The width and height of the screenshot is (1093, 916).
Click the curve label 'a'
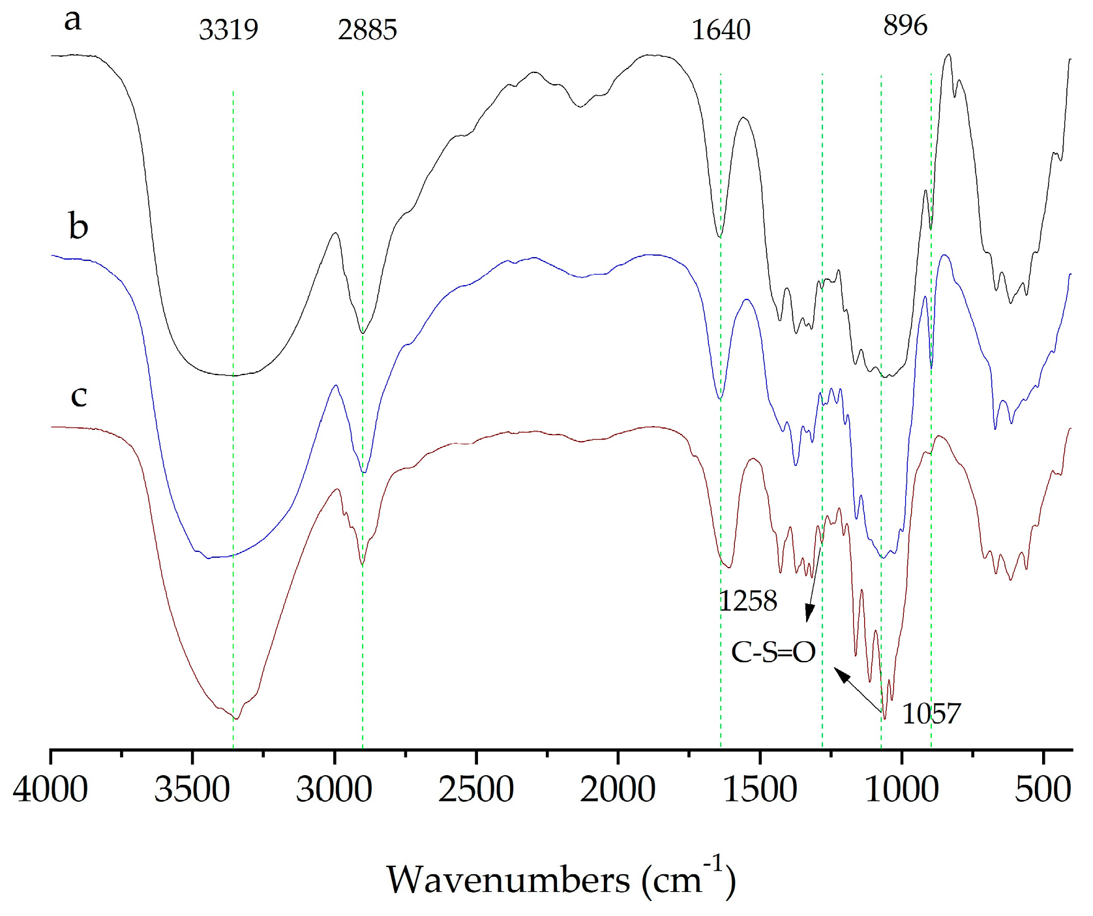pos(72,20)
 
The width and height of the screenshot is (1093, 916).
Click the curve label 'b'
pos(78,226)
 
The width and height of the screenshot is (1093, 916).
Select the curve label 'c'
pos(78,396)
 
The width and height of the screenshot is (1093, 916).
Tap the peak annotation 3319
pos(228,30)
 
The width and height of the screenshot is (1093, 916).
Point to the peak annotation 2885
pos(367,30)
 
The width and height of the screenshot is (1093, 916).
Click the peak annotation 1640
pos(721,30)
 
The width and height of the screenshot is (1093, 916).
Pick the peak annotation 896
pos(905,25)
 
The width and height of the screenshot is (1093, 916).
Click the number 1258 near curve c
pos(748,601)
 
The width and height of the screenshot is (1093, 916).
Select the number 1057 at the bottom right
pos(931,714)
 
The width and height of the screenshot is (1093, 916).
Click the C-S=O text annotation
pos(773,652)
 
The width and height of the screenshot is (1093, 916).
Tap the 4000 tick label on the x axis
pos(50,789)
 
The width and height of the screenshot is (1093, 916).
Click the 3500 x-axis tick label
pos(192,789)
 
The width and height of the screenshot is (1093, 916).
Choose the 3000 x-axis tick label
pos(334,789)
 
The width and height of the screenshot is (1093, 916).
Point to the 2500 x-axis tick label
pos(476,789)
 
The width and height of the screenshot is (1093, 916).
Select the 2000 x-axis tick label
pos(618,789)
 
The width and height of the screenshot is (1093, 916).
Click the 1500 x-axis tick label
pos(760,789)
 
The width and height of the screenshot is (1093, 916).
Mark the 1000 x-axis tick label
pos(901,789)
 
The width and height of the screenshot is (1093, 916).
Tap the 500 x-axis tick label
pos(1043,789)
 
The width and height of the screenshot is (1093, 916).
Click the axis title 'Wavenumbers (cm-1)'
pos(561,879)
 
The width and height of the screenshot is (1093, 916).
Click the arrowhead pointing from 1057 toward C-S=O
pos(842,675)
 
